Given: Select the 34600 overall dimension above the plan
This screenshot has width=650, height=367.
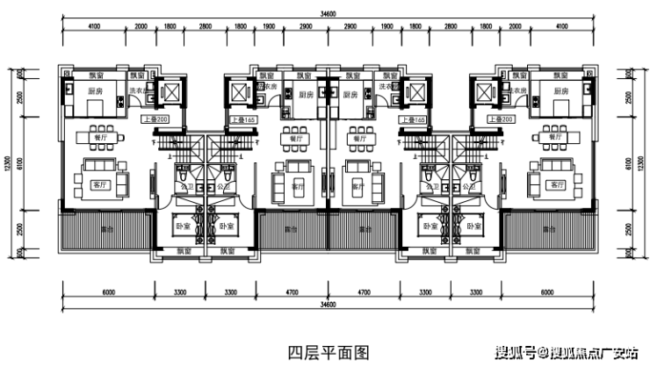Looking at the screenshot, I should (329, 12).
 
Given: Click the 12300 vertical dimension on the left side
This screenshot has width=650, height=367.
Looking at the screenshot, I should (7, 162).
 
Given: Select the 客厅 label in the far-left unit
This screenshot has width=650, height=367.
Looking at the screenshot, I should (98, 185).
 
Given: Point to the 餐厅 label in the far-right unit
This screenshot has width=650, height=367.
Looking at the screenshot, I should (555, 137).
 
